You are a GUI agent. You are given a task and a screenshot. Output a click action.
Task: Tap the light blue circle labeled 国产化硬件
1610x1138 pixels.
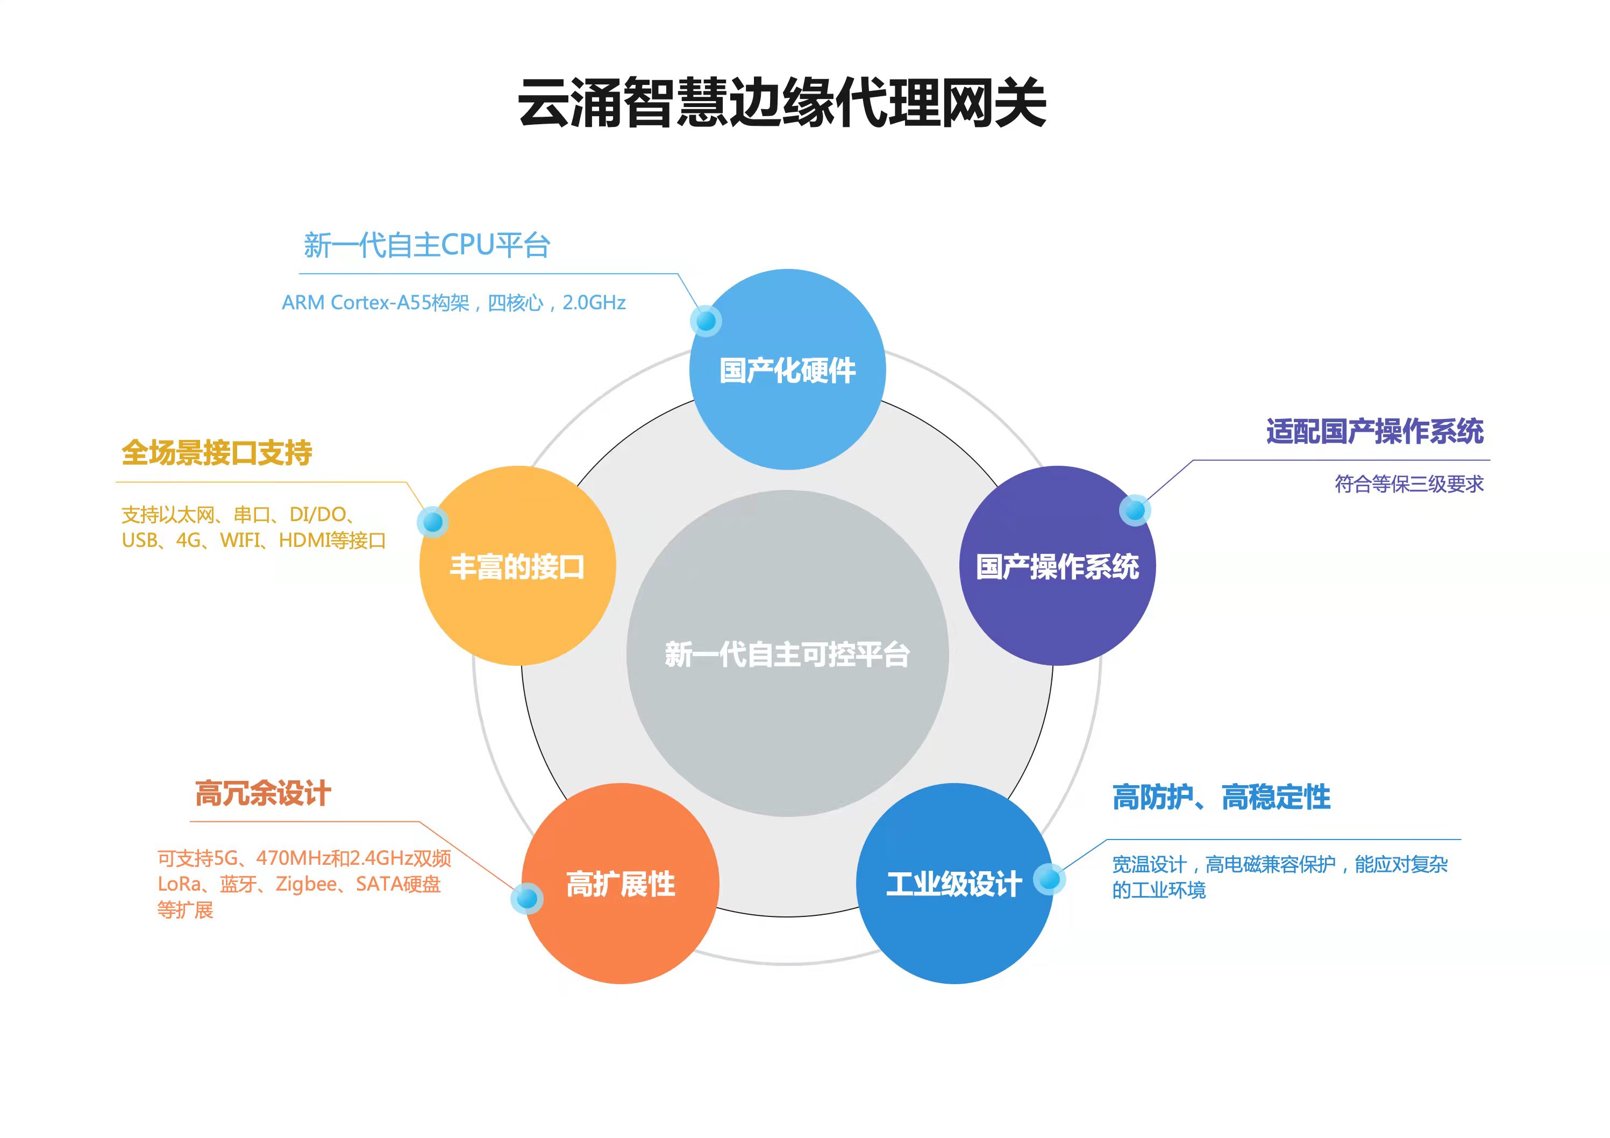787,369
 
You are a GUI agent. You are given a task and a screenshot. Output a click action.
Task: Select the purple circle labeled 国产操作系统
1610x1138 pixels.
1057,566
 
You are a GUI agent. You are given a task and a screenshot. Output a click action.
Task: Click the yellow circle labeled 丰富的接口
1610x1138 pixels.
517,566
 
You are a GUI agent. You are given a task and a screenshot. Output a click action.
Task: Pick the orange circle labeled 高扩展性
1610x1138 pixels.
621,884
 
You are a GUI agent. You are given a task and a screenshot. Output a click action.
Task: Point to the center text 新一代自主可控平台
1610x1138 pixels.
787,654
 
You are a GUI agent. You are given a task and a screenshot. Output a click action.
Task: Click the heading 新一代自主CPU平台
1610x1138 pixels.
426,245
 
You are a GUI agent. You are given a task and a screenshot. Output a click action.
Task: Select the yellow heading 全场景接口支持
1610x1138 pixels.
217,452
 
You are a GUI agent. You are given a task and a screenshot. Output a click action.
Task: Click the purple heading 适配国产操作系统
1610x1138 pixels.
1374,431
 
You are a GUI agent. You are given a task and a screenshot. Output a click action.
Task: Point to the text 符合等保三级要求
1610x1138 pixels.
1409,484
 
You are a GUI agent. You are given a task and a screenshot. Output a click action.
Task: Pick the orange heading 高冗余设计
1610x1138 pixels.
263,793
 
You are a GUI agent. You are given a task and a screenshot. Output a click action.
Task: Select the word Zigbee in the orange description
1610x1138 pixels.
306,884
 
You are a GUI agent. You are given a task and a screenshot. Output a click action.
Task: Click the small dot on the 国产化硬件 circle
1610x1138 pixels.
706,321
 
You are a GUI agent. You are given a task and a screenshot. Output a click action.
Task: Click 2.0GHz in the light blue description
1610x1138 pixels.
594,303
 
